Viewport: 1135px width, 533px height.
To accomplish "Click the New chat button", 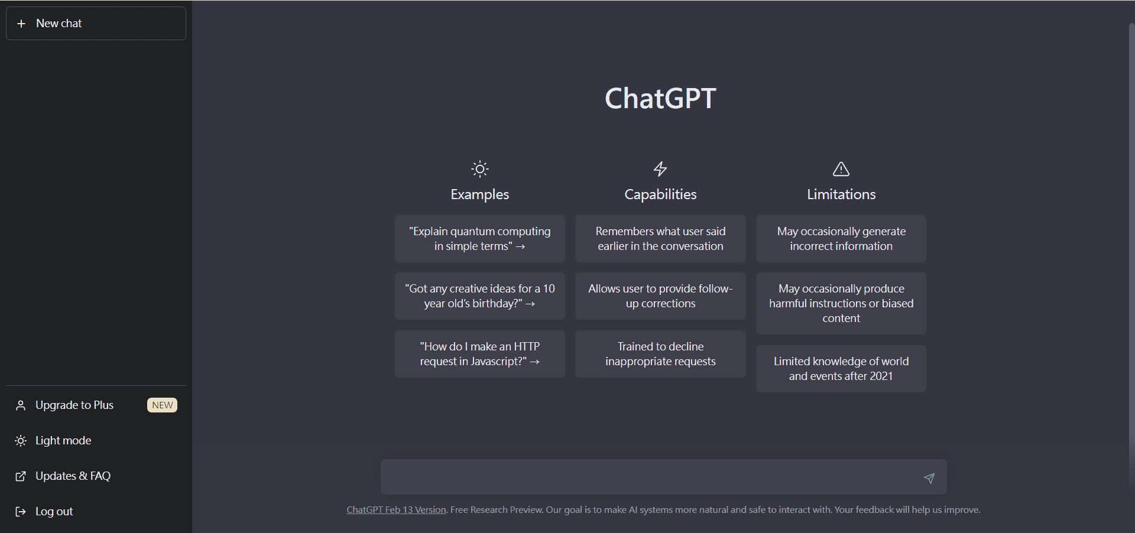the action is pos(96,24).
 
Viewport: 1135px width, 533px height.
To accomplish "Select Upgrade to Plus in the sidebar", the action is pos(74,405).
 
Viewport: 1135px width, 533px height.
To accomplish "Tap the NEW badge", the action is pos(162,405).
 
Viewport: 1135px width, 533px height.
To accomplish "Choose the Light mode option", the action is pos(63,441).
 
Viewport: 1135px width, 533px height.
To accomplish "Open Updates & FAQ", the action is pos(73,476).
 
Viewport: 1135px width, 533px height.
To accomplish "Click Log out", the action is pos(54,512).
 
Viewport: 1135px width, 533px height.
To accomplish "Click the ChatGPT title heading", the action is pos(660,98).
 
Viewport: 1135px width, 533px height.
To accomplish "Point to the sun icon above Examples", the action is pos(480,170).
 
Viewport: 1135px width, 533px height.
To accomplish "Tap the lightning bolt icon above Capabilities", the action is pos(660,169).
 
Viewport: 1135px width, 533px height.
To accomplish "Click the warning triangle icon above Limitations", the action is pos(841,170).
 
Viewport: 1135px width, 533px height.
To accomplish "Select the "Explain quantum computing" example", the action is pos(480,239).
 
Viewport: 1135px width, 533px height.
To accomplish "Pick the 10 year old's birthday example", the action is pos(480,296).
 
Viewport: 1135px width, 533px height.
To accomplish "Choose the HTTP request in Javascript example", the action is pos(480,354).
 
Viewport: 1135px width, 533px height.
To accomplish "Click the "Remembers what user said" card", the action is pos(660,239).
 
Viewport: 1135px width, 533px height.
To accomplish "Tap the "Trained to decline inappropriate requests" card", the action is pos(660,354).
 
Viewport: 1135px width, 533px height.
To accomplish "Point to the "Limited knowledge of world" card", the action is pos(841,369).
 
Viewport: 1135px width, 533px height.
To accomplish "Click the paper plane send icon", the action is pos(929,478).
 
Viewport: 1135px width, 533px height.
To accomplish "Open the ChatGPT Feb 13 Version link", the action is pos(396,510).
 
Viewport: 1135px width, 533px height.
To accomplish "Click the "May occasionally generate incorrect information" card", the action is pos(841,239).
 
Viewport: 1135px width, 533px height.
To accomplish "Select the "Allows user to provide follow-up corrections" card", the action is pos(660,296).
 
